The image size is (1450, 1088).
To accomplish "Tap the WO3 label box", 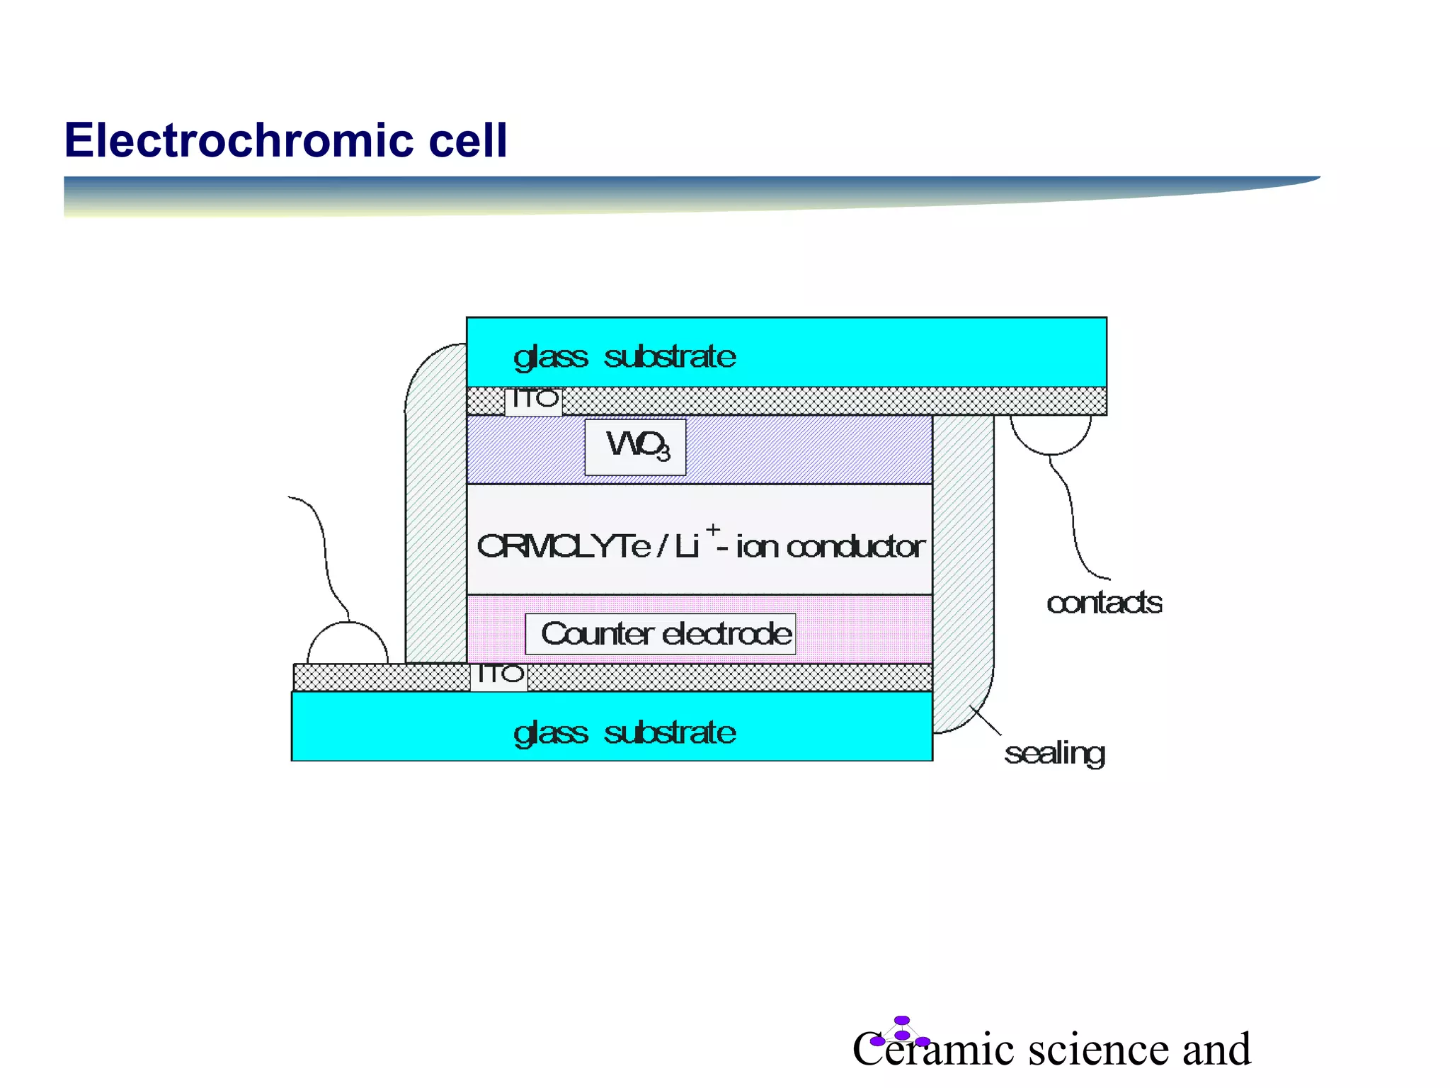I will click(x=635, y=447).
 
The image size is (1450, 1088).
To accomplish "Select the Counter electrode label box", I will click(x=660, y=634).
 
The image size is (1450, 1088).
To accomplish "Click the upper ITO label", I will click(x=533, y=401).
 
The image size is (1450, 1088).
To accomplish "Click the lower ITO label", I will click(x=499, y=676).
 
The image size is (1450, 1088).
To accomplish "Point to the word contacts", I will click(x=1104, y=603).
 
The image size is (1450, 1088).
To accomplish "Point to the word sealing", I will click(x=1054, y=754).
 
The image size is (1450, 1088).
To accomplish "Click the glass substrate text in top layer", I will click(x=624, y=356).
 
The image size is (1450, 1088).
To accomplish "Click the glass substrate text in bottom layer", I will click(x=624, y=732).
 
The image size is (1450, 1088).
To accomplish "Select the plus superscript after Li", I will click(x=713, y=529).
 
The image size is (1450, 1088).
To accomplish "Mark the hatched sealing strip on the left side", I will click(x=435, y=510).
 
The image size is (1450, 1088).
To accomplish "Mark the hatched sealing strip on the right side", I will click(x=963, y=567).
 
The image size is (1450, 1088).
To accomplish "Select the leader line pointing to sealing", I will click(x=986, y=720).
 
